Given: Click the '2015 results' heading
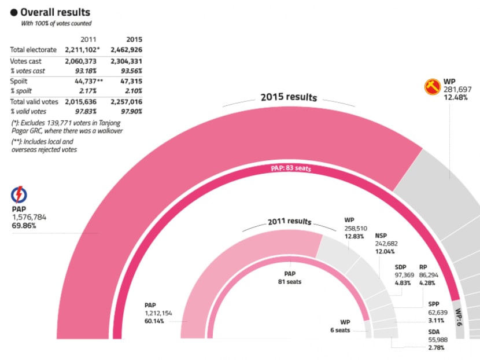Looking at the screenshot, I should click(289, 97).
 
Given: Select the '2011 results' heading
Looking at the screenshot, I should click(289, 222).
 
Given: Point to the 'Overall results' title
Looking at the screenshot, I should click(55, 12).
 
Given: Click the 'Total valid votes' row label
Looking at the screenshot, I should click(34, 102).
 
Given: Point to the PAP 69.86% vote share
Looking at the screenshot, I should click(24, 226).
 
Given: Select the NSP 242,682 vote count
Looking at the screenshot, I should click(386, 244).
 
